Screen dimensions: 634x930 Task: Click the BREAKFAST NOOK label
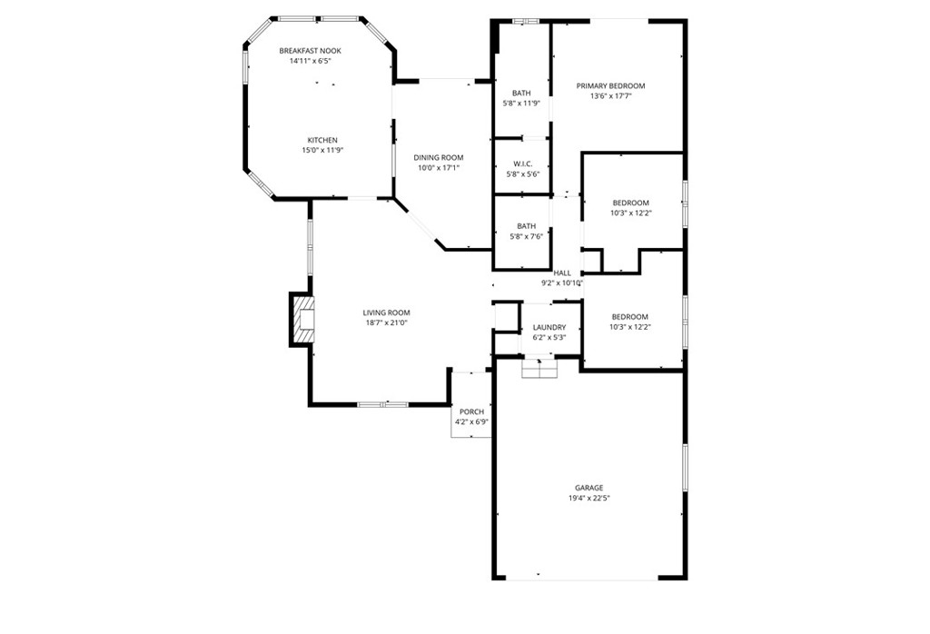[x=309, y=51]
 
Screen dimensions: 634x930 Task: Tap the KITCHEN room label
[x=322, y=141]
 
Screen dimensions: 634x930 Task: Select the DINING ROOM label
[x=439, y=158]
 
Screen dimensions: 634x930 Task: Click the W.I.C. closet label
[x=521, y=164]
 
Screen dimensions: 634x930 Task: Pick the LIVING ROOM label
[x=387, y=313]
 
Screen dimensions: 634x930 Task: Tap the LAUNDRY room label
[x=549, y=328]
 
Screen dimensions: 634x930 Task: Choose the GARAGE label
[x=589, y=488]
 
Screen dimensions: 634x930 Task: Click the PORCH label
[x=471, y=412]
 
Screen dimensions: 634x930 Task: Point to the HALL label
[x=562, y=273]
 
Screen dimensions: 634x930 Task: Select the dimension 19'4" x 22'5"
[x=589, y=499]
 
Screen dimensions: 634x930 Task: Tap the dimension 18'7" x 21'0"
[x=387, y=323]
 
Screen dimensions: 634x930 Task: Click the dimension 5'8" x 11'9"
[x=521, y=104]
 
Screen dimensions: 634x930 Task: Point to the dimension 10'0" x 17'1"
[x=439, y=168]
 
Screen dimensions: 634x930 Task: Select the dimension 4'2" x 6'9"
[x=471, y=422]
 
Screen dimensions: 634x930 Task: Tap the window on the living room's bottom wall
[x=382, y=404]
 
